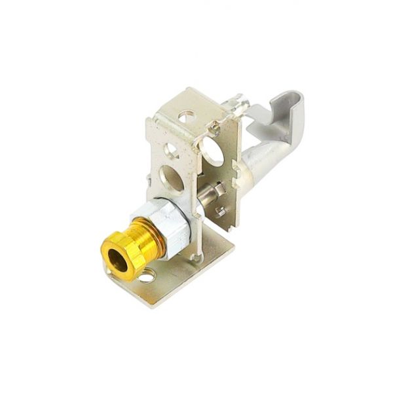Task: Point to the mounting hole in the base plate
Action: [147, 276]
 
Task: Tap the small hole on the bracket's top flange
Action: [187, 119]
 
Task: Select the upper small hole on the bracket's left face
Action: [172, 150]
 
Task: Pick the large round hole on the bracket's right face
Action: [212, 151]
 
